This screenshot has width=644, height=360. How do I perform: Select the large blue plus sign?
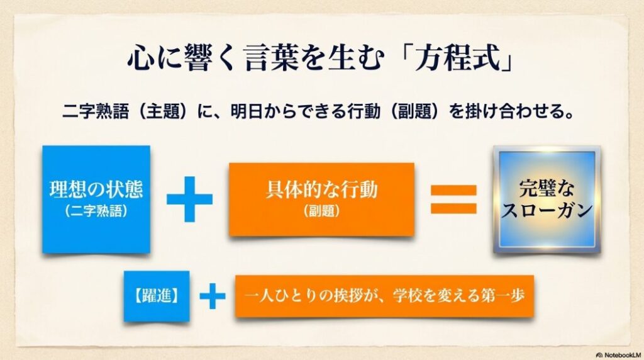(189, 199)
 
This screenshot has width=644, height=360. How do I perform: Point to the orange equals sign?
(453, 199)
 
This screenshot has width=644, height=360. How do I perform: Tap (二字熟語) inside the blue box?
(96, 211)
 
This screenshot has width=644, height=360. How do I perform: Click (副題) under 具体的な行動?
(321, 211)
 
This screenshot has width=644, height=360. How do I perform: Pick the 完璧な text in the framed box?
(547, 188)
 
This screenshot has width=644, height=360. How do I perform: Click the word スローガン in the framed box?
(547, 210)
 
